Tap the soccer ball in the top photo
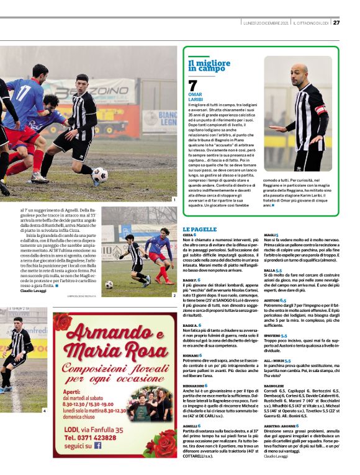[x=99, y=175]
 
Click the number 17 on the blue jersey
[x=24, y=93]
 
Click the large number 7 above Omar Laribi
[x=192, y=86]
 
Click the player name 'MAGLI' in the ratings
[x=269, y=236]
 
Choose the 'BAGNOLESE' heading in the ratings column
[x=274, y=385]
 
